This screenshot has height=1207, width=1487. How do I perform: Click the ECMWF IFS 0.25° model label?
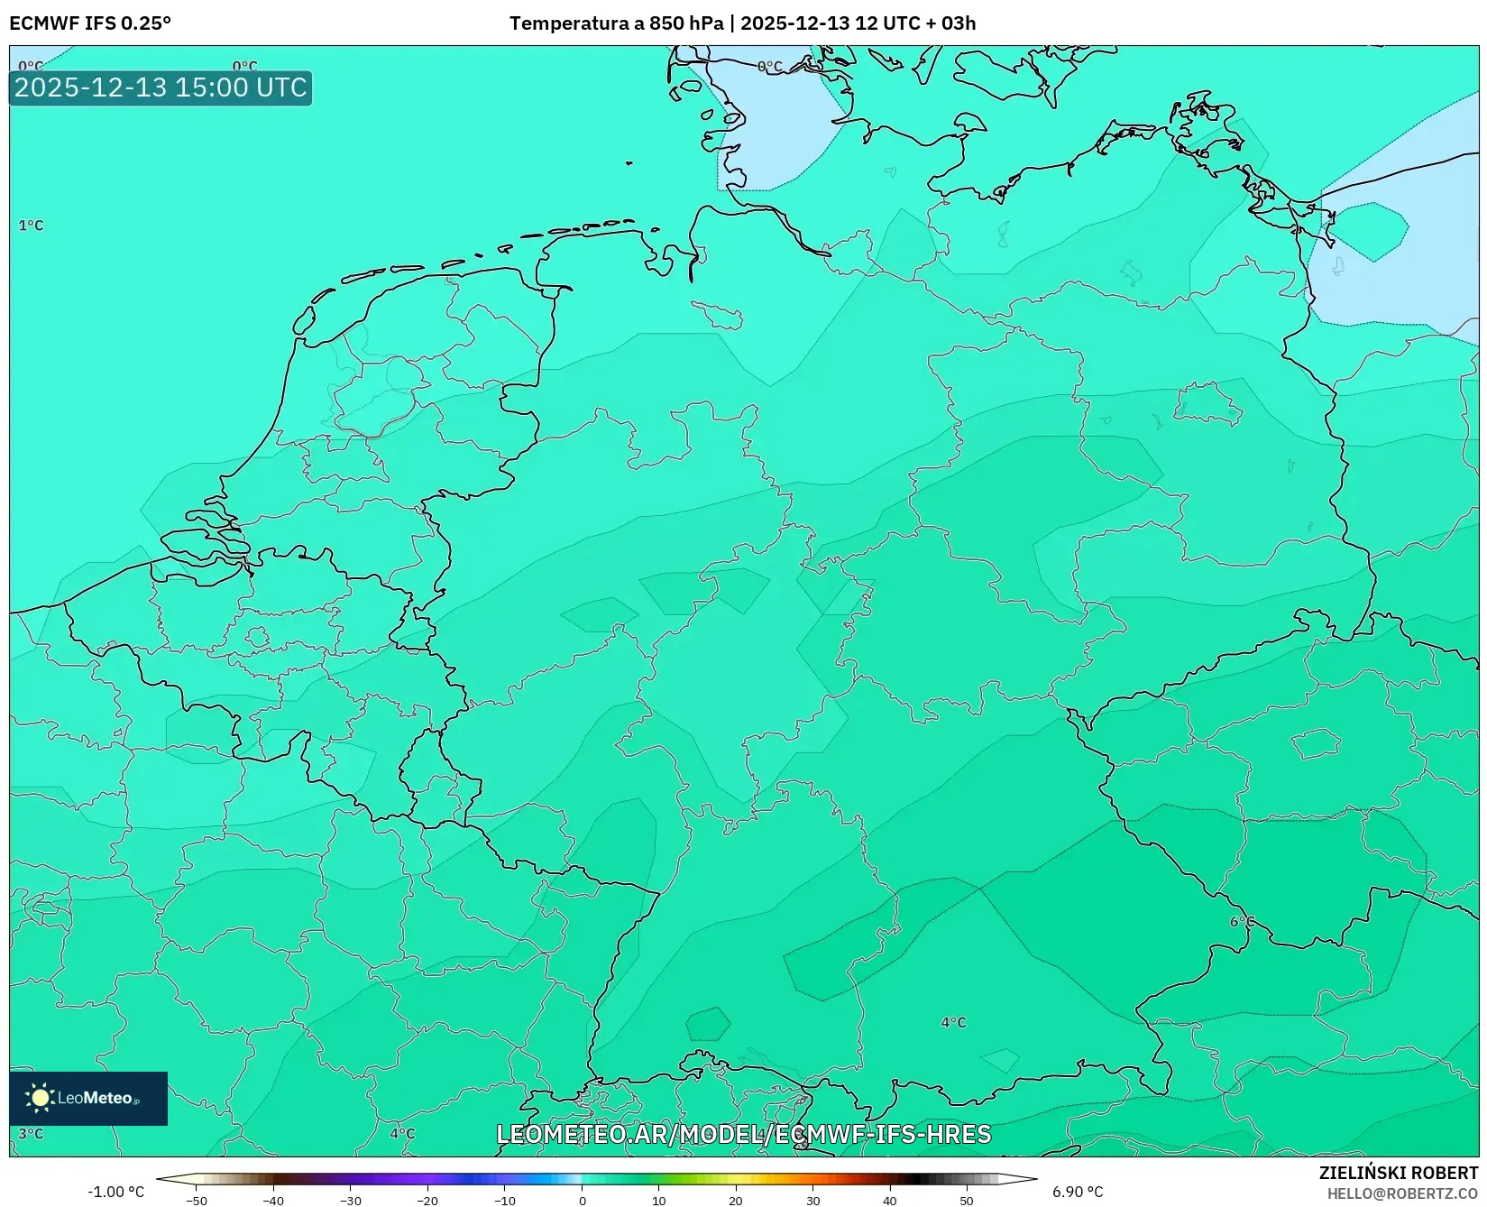[x=90, y=23]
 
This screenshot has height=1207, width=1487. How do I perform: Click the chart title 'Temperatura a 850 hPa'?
[x=616, y=23]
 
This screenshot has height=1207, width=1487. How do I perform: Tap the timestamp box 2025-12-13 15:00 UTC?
[x=161, y=88]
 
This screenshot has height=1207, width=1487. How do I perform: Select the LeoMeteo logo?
[x=87, y=1098]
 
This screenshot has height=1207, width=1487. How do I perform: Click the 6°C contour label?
[x=1242, y=922]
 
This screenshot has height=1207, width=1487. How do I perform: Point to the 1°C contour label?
[x=31, y=226]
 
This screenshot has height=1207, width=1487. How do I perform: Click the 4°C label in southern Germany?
[x=953, y=1022]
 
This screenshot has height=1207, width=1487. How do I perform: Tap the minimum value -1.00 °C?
[x=115, y=1192]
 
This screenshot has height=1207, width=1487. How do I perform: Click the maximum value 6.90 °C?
[x=1078, y=1192]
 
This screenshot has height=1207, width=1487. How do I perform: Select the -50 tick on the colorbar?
[x=197, y=1201]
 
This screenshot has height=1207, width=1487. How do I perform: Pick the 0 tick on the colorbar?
[x=583, y=1201]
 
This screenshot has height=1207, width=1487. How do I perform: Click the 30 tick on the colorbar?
[x=813, y=1201]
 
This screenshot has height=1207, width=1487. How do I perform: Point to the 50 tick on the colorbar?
[x=967, y=1201]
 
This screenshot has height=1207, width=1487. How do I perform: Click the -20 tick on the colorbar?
[x=427, y=1201]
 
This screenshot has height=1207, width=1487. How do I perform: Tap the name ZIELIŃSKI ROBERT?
[x=1399, y=1173]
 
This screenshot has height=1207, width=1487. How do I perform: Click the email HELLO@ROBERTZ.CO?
[x=1402, y=1193]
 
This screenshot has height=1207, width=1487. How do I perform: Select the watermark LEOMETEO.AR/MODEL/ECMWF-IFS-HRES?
[x=743, y=1134]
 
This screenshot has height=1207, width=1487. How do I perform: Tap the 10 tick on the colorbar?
[x=659, y=1201]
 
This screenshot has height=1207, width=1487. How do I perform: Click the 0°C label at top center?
[x=769, y=67]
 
